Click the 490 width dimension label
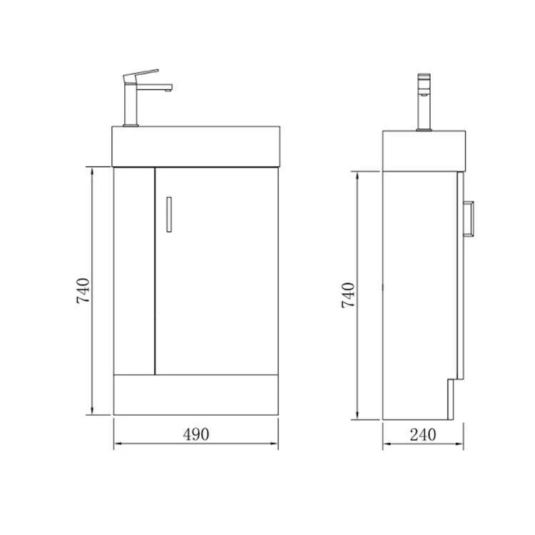[196, 434]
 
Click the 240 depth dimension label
[423, 434]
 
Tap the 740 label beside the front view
[83, 291]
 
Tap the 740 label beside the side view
[348, 295]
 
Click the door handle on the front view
[169, 215]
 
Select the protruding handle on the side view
[469, 219]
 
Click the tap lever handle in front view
[141, 76]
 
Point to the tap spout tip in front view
[168, 90]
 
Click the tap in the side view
[424, 102]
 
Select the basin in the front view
[196, 146]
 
